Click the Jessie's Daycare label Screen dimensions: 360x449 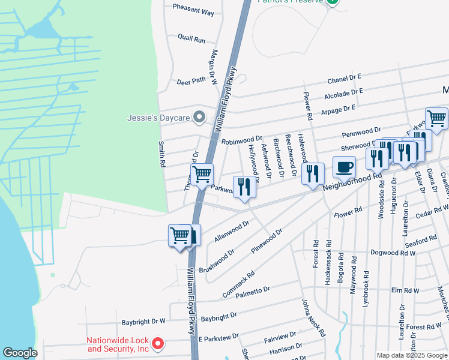click(158, 118)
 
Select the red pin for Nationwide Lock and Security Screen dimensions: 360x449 click(157, 343)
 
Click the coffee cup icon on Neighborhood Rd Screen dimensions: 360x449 click(344, 168)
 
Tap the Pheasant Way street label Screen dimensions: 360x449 click(193, 11)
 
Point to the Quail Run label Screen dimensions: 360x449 click(191, 40)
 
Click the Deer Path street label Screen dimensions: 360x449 click(191, 80)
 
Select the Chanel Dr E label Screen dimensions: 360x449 click(344, 79)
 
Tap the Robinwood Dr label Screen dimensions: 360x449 click(242, 140)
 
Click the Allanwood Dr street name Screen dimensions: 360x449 click(231, 231)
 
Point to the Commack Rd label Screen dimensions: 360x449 click(238, 284)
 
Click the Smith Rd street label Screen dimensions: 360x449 click(161, 154)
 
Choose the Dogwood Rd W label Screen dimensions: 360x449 click(393, 253)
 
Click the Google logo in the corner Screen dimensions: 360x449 click(20, 353)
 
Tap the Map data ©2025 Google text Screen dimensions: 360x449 click(411, 355)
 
